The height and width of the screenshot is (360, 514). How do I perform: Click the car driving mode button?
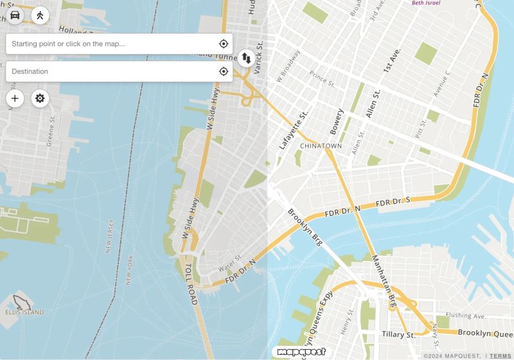[15, 15]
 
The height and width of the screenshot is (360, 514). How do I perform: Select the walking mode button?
[40, 15]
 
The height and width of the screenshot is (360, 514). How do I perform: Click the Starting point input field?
[109, 44]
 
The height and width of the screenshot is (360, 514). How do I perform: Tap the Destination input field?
[109, 71]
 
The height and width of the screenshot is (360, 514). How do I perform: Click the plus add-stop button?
[15, 98]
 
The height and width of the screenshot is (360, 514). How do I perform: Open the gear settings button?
[40, 98]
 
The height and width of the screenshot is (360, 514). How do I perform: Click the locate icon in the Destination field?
[223, 71]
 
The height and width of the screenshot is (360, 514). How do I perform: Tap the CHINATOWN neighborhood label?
[321, 146]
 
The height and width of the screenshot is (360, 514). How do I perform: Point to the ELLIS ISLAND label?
[24, 312]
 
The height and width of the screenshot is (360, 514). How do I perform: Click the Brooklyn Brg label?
[304, 228]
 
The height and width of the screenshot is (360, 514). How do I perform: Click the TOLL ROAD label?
[191, 283]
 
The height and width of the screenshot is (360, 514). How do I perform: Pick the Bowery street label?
[337, 122]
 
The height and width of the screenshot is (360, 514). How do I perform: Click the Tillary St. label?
[398, 334]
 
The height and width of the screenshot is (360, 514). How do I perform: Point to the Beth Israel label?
[426, 3]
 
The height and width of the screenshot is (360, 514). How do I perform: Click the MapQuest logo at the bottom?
[299, 352]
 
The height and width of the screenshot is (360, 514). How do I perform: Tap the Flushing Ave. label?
[466, 316]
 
